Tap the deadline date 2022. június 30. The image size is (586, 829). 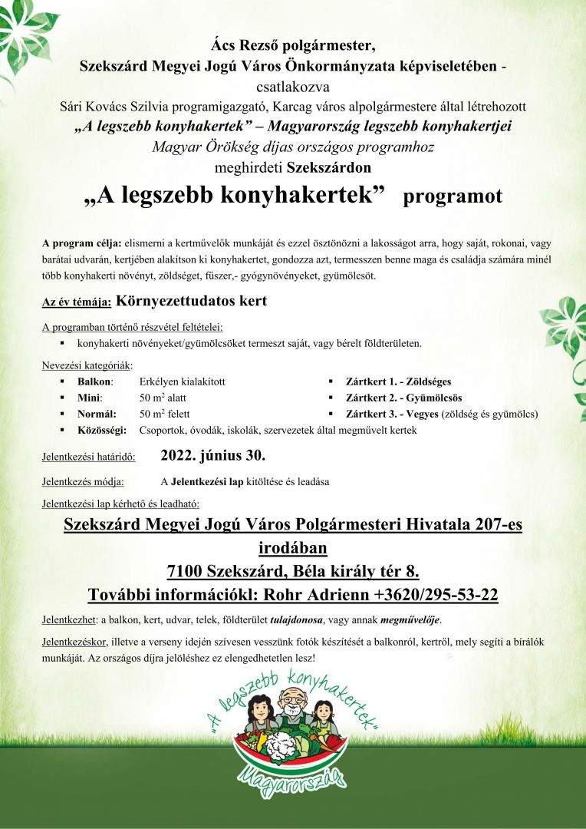212,455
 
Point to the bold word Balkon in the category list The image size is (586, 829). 95,381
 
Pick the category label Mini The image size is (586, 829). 89,398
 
